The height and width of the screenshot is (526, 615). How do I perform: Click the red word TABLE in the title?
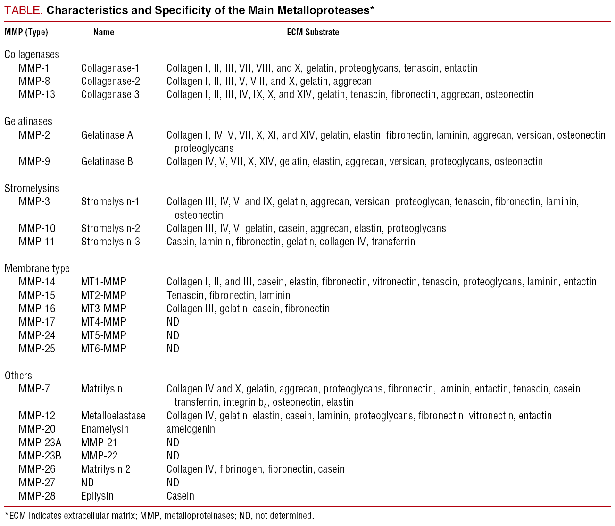24,11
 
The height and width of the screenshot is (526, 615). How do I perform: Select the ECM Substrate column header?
313,32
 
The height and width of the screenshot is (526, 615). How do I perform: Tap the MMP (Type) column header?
26,32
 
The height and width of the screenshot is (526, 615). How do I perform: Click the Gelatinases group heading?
28,121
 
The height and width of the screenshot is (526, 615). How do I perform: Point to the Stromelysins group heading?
32,188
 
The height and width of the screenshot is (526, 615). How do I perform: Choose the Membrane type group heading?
37,268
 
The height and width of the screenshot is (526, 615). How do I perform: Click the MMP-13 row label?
37,94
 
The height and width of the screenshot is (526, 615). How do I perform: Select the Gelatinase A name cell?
107,135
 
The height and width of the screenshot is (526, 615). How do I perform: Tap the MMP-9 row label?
34,162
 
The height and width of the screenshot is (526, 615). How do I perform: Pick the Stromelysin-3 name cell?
110,242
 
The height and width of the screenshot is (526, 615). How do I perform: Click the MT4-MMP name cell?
103,322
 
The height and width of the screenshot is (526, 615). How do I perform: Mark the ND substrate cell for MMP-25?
173,349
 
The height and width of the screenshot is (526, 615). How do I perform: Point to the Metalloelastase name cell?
113,416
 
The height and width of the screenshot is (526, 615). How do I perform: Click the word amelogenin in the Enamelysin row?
191,429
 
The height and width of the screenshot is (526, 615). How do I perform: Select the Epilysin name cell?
97,496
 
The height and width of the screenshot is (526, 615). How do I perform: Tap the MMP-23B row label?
40,456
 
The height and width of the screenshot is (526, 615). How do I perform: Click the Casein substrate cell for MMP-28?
180,496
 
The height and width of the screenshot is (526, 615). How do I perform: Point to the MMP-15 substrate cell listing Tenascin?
228,296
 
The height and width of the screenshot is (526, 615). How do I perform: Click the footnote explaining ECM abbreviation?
159,516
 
